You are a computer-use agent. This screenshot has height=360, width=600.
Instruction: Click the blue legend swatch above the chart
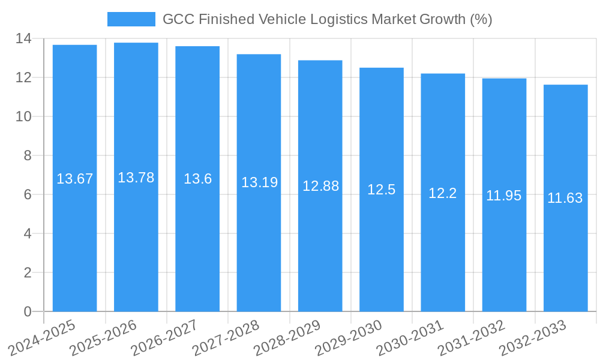point(131,19)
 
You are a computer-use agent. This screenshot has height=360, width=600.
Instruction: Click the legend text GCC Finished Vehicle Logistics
point(327,19)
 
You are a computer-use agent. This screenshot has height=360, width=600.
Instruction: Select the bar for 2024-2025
point(75,240)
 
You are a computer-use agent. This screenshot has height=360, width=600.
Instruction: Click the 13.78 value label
point(136,178)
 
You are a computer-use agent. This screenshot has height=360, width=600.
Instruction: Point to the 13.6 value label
point(197,179)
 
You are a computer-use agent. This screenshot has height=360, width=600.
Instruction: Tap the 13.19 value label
point(259,182)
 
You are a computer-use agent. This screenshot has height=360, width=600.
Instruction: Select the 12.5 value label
point(382,190)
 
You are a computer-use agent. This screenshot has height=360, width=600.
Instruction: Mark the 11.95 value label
point(504,196)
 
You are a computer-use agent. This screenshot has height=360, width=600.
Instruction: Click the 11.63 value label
point(565,198)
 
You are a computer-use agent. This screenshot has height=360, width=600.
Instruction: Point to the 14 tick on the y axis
point(23,38)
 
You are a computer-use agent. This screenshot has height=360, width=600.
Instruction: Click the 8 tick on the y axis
point(28,155)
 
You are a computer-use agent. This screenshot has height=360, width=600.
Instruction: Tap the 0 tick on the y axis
point(28,311)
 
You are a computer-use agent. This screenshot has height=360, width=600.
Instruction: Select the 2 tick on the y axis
point(28,272)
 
